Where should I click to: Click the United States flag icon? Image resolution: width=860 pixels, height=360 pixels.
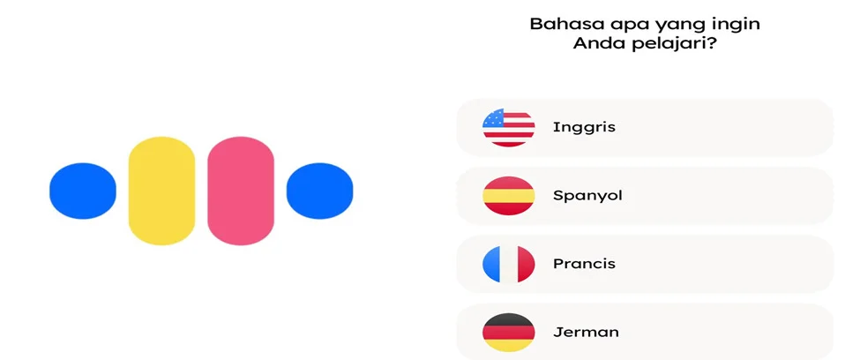508,127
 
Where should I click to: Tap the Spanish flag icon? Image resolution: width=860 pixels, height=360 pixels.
508,195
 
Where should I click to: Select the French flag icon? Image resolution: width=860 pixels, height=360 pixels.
508,264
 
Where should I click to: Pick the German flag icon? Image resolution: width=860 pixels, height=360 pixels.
508,332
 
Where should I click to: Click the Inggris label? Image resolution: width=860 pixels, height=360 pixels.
584,128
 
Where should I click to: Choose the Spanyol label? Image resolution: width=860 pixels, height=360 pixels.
587,196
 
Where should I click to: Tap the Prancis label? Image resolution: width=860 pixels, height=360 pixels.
584,264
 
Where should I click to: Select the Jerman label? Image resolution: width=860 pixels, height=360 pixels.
586,332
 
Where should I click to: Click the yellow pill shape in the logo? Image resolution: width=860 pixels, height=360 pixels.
161,191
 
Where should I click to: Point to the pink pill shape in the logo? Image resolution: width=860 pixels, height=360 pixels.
241,191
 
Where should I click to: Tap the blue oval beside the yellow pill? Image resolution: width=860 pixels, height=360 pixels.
83,191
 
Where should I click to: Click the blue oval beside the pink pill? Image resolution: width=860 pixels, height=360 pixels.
320,191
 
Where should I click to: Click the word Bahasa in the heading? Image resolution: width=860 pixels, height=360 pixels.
560,24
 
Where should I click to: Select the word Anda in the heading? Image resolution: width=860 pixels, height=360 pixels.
599,43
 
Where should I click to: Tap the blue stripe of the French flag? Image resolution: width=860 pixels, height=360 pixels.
491,264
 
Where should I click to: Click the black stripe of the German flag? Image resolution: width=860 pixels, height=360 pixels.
508,319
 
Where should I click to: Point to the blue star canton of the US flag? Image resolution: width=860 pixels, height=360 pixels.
494,118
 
